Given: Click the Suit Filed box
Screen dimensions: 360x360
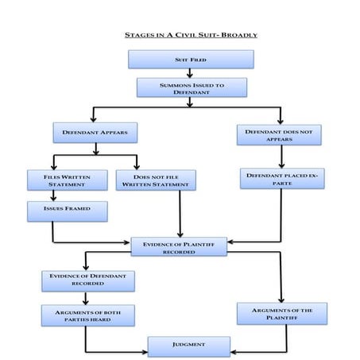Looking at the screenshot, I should (190, 60).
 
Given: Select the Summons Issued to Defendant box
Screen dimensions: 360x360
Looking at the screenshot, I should (190, 87).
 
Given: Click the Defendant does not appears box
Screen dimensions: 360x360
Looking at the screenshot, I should (280, 134).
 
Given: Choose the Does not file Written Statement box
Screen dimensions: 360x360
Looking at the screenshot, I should (156, 180).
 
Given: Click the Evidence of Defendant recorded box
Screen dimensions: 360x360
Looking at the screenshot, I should (87, 280).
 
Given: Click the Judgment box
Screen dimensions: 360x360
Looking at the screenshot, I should (189, 346).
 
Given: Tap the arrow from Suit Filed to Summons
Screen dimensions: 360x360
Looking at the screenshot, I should (190, 73).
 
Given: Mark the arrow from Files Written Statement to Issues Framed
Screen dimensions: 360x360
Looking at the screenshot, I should (54, 195).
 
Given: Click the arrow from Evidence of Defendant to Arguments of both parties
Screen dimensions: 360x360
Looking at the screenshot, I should (87, 296).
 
